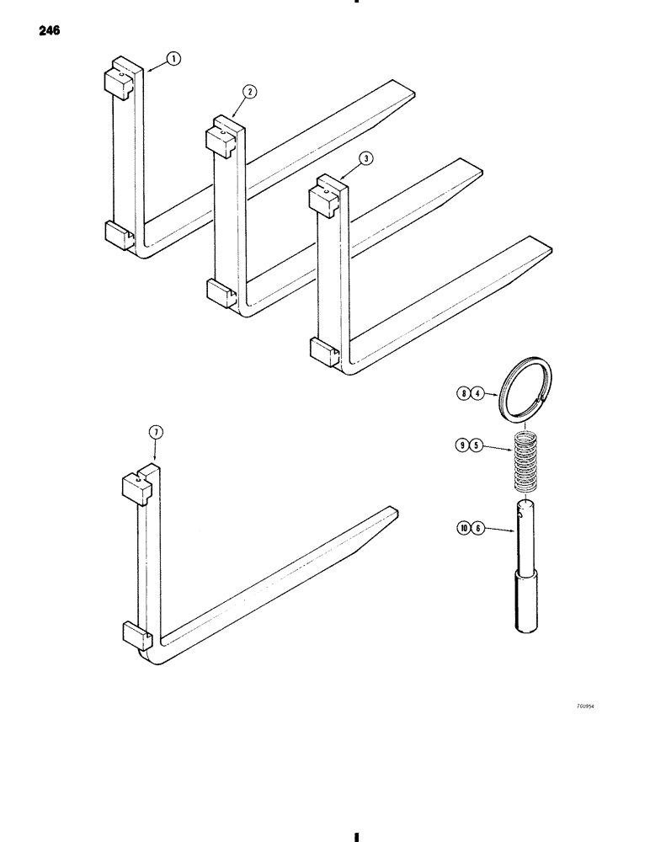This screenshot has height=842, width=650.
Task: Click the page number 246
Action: click(x=48, y=34)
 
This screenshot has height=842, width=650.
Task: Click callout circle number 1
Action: click(x=173, y=59)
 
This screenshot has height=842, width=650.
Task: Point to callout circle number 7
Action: click(x=155, y=433)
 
